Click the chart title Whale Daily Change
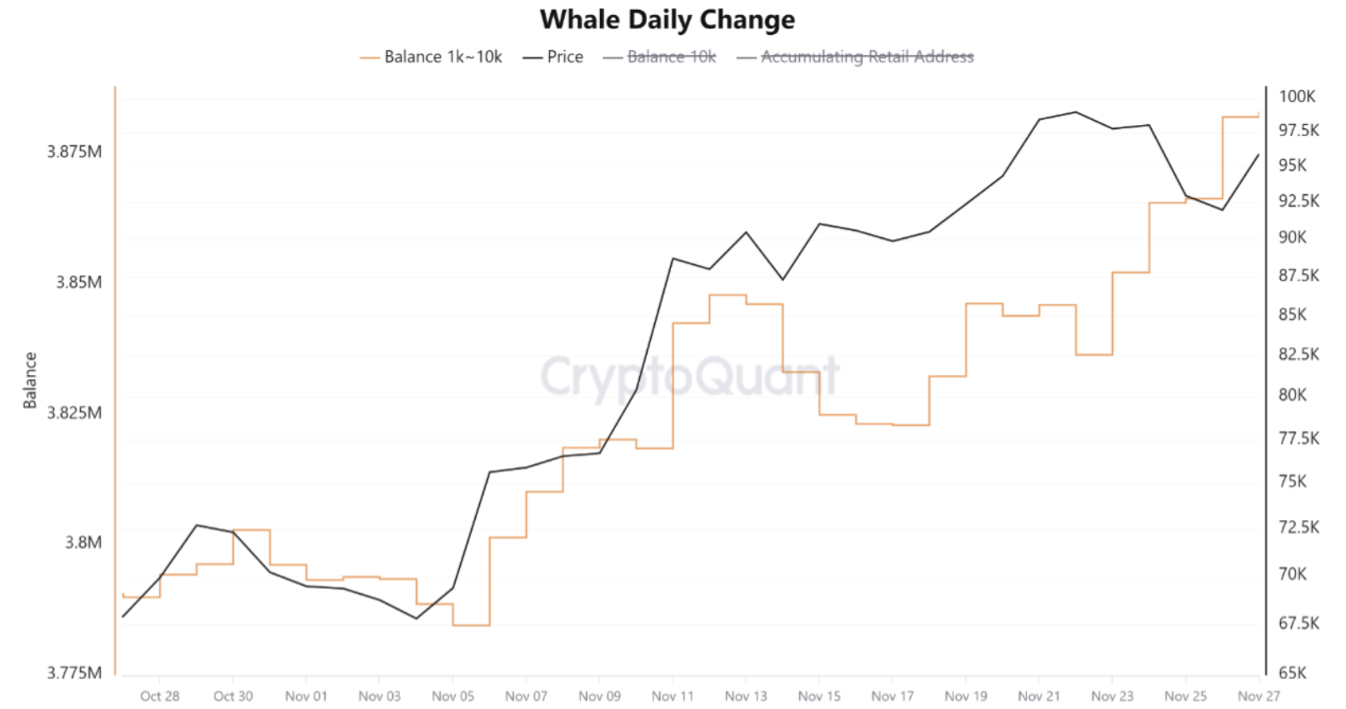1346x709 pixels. click(x=667, y=20)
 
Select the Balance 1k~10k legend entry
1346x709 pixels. click(x=443, y=57)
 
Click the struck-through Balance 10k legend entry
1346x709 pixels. click(x=671, y=57)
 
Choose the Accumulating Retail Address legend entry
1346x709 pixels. click(x=867, y=57)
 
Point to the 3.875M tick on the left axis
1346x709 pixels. click(x=74, y=152)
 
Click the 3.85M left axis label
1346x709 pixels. click(x=78, y=282)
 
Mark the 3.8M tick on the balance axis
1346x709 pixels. click(x=83, y=542)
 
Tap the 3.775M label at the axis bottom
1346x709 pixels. click(x=74, y=672)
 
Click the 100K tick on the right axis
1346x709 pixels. click(x=1297, y=96)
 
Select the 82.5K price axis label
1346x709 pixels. click(x=1298, y=354)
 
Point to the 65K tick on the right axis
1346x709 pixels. click(x=1293, y=672)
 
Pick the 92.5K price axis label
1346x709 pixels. click(x=1298, y=201)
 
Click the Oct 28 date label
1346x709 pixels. click(x=159, y=696)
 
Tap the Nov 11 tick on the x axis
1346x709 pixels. click(x=673, y=696)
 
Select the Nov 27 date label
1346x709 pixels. click(x=1258, y=696)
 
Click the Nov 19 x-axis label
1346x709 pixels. click(x=966, y=696)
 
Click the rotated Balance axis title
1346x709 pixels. click(x=30, y=380)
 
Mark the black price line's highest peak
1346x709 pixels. click(x=1075, y=112)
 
